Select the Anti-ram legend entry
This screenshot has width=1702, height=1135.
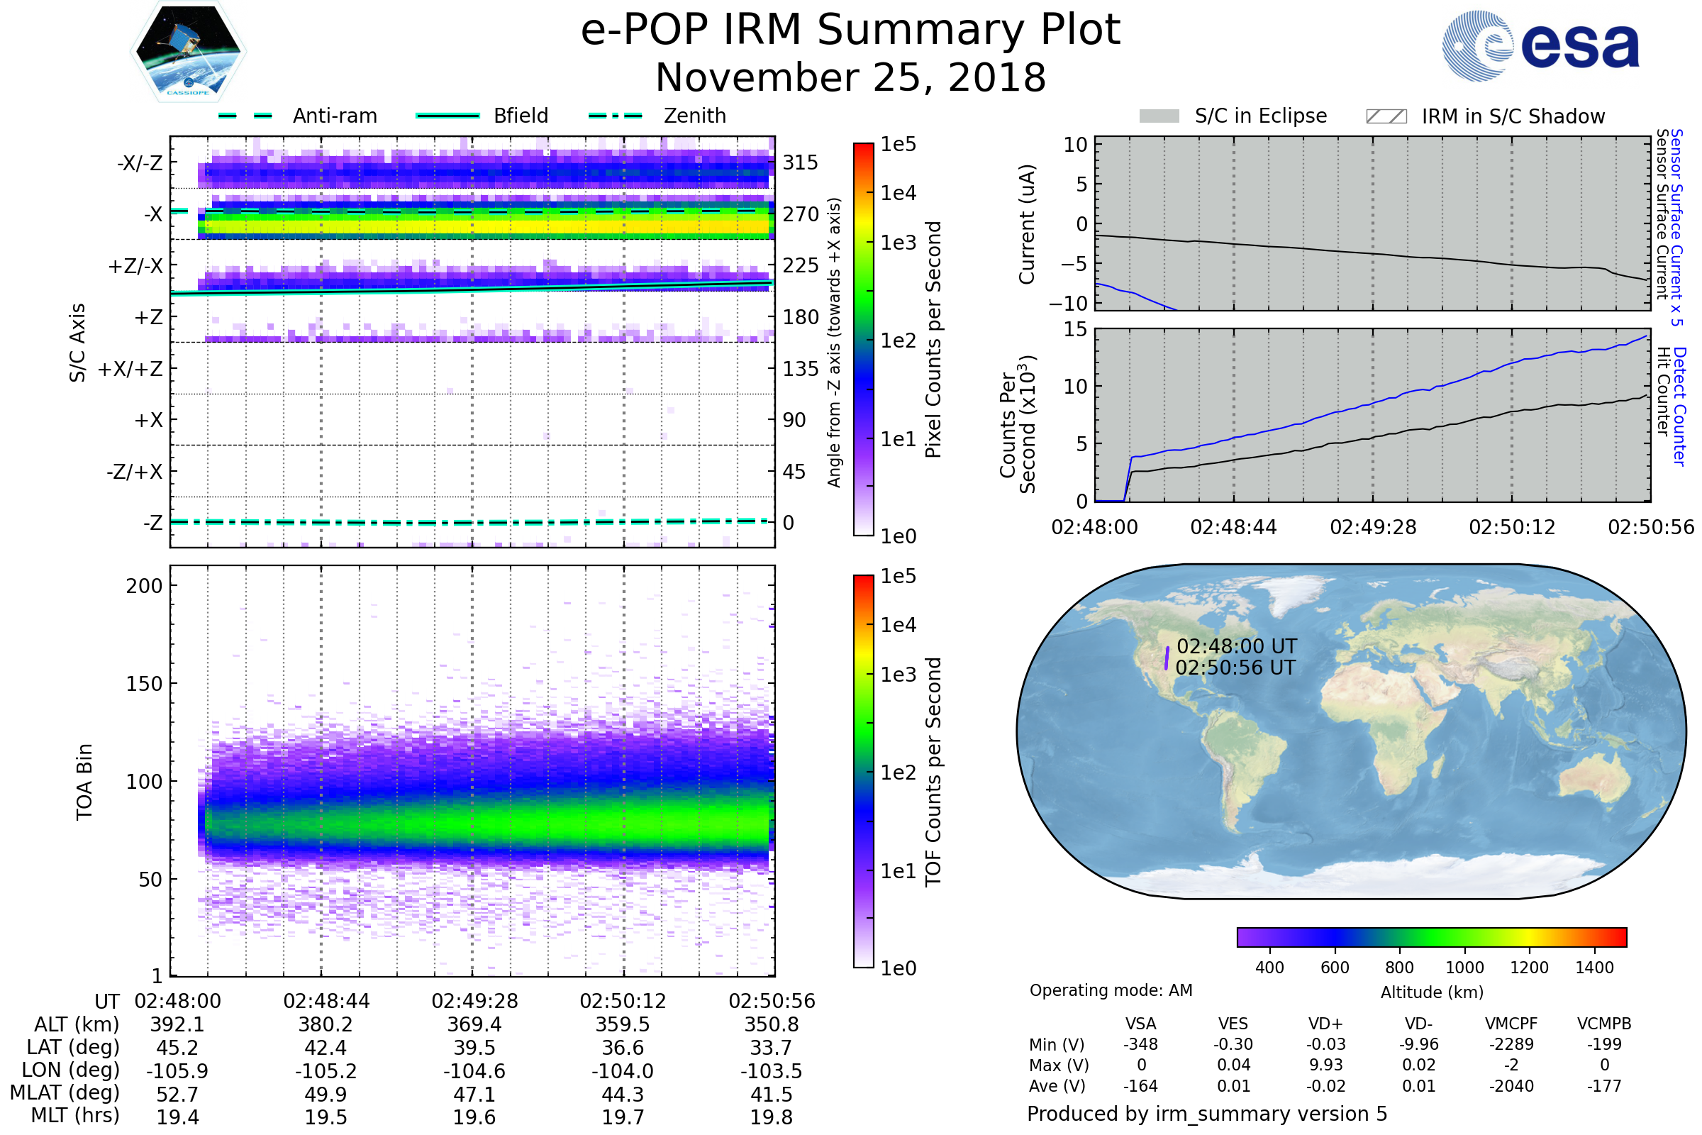coord(297,116)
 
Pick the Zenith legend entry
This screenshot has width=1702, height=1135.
coord(657,116)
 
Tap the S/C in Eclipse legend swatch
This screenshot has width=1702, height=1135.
coord(1159,116)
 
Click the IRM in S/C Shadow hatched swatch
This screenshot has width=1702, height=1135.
coord(1386,116)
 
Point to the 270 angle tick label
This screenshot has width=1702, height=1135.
coord(801,214)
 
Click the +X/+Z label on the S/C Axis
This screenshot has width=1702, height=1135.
coord(130,369)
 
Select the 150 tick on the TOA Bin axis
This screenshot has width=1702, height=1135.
coord(144,683)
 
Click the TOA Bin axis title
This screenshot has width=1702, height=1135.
coord(84,781)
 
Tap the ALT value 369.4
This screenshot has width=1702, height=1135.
coord(474,1024)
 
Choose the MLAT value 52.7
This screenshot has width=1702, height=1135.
coord(177,1095)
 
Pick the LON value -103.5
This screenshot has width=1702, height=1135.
coord(771,1071)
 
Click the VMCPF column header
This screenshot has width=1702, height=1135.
coord(1511,1024)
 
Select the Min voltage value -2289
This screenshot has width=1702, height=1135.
coord(1511,1044)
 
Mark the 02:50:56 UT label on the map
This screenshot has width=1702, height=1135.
coord(1235,668)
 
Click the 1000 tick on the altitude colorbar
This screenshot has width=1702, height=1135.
coord(1464,968)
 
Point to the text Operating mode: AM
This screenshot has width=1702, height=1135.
coord(1111,990)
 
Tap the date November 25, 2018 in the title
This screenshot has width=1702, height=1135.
coord(850,77)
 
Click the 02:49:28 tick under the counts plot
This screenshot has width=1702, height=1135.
coord(1373,527)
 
